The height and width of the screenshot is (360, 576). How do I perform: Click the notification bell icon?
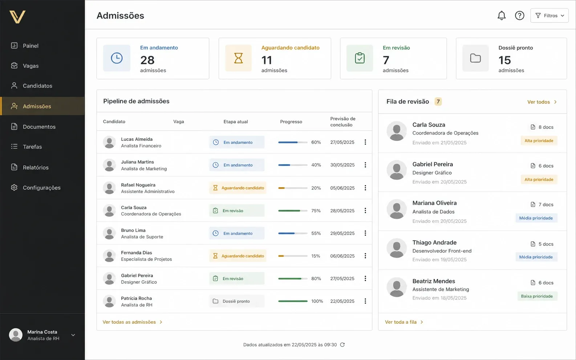[502, 15]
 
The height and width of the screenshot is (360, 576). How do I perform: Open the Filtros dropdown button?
[549, 15]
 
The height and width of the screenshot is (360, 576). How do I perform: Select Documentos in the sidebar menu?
[39, 126]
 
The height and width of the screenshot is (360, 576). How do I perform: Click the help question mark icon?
[519, 15]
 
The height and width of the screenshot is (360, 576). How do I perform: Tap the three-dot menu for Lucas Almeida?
[365, 142]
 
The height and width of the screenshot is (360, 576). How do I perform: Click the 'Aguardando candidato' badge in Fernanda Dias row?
[238, 256]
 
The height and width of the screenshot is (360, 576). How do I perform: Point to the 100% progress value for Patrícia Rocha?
[317, 301]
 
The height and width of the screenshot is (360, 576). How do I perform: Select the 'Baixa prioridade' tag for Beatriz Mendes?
[537, 296]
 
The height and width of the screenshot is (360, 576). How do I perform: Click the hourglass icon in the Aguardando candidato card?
[238, 58]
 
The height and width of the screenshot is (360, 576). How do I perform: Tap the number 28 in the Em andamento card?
[147, 60]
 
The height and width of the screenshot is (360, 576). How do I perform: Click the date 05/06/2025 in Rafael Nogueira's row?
[342, 188]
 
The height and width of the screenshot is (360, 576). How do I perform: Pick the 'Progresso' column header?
[291, 122]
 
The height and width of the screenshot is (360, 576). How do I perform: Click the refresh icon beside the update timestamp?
[342, 345]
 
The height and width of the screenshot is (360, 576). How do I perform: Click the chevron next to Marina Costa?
[73, 335]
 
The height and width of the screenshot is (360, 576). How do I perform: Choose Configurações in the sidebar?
[41, 188]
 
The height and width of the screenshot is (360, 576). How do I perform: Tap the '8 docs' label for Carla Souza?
[542, 127]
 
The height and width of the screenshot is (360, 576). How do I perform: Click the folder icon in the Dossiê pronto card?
[475, 58]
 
